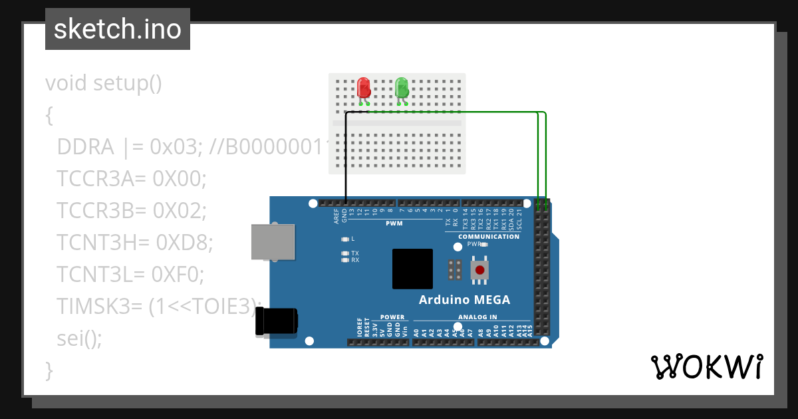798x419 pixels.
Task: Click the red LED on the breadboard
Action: [363, 88]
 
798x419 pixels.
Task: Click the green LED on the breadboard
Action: [402, 88]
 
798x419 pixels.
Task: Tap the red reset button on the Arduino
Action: [479, 269]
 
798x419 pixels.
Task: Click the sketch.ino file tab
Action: [118, 29]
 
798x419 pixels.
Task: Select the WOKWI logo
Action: [706, 367]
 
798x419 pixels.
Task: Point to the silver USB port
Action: [273, 241]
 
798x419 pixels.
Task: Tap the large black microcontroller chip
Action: [412, 269]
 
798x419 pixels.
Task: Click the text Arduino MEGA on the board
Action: [464, 300]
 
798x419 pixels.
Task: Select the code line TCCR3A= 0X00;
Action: [132, 178]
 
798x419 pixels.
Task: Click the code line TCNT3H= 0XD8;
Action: [134, 242]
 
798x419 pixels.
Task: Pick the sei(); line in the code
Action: [80, 338]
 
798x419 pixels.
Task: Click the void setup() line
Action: [104, 83]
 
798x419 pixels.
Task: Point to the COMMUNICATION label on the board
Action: [489, 237]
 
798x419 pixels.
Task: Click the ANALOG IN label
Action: [477, 317]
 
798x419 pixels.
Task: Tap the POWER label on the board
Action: [392, 317]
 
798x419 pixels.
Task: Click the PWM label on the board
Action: [394, 223]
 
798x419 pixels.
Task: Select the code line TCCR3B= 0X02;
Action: [132, 210]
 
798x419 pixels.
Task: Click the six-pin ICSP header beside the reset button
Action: [456, 269]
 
